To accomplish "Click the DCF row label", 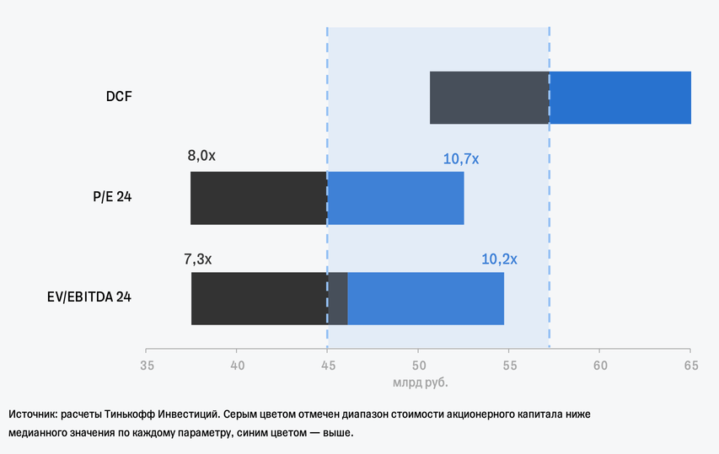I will pos(119,97).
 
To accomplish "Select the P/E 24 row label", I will pos(112,197).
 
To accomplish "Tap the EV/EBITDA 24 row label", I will pos(89,297).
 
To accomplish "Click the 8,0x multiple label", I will pos(201,156).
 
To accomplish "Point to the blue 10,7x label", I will pos(460,158).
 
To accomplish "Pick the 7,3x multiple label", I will pos(198,259).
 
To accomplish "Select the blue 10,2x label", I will pos(499,259).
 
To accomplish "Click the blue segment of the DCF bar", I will pos(620,98).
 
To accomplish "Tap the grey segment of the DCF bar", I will pos(489,98).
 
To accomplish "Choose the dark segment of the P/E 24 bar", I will pos(258,198).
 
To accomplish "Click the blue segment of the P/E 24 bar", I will pos(395,198).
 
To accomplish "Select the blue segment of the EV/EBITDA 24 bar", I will pos(426,298).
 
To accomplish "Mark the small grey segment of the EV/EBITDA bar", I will pos(337,298).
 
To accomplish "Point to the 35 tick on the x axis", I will pos(147,366).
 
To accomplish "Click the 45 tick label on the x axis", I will pos(328,366).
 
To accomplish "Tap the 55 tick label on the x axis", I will pos(509,366).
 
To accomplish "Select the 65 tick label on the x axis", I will pos(690,366).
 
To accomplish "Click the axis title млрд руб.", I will pos(420,382).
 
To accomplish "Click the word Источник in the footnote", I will pos(34,415).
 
